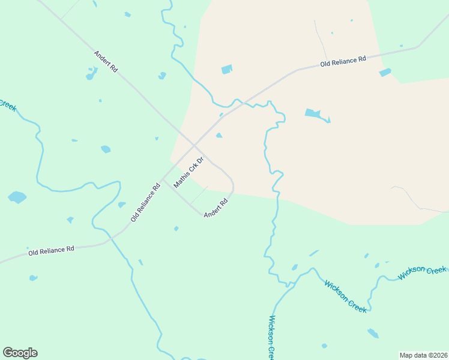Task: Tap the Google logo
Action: click(x=20, y=353)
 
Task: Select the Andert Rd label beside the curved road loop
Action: click(x=216, y=208)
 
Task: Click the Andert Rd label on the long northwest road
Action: click(x=106, y=62)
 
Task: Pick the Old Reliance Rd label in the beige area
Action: click(x=343, y=62)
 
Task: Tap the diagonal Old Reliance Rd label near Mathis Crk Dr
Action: click(x=145, y=203)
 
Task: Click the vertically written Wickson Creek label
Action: click(x=272, y=337)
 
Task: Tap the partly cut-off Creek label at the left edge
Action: click(x=7, y=104)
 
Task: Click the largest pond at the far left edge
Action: click(x=17, y=197)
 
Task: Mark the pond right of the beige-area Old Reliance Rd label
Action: click(x=385, y=73)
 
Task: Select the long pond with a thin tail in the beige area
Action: click(x=314, y=113)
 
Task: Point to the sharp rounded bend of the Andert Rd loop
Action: click(x=232, y=183)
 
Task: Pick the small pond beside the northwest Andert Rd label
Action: click(x=91, y=74)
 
